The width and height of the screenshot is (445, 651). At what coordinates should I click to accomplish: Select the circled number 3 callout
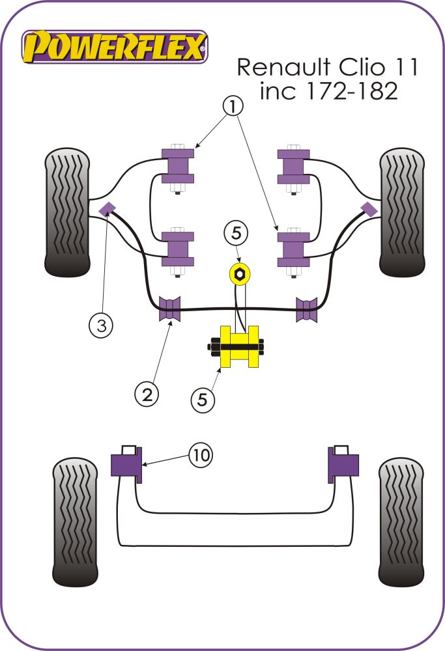point(102,325)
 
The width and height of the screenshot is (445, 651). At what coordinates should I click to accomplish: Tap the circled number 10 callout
point(201,455)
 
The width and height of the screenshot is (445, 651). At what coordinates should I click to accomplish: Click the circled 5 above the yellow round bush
point(237,232)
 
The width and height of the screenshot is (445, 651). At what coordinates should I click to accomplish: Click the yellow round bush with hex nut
point(240,274)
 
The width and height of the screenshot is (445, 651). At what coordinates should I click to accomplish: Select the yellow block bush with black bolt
point(239,346)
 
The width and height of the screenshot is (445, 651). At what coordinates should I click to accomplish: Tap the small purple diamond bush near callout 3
point(107,208)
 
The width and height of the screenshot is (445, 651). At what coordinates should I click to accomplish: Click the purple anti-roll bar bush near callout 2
point(170,309)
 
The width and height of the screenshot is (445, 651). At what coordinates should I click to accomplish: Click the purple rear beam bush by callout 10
point(127,465)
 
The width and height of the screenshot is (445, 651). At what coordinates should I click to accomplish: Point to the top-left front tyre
point(66,212)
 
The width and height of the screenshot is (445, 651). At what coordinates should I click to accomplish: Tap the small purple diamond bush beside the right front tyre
point(368,208)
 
